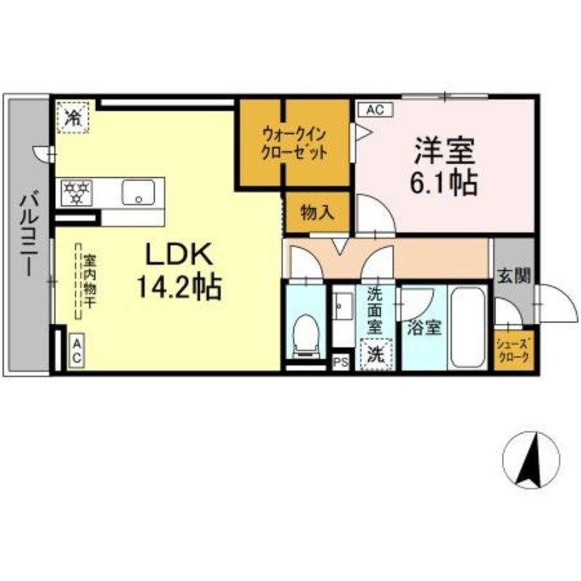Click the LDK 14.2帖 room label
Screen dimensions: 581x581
(179, 270)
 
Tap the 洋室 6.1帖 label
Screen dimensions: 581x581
(444, 166)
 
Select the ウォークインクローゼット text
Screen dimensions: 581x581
(295, 143)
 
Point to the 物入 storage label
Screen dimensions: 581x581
(317, 213)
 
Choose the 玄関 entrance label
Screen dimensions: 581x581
(514, 276)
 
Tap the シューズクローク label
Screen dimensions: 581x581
(514, 352)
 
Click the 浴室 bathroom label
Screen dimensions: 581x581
(424, 328)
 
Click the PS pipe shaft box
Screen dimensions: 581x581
(341, 362)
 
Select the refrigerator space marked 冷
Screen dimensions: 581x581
(73, 118)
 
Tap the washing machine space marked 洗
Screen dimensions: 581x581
(375, 355)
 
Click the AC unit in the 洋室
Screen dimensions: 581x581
(375, 110)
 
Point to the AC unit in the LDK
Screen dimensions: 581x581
(77, 351)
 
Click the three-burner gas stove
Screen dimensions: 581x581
(76, 192)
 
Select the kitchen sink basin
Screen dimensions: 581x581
(138, 192)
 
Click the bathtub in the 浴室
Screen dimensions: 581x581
(468, 328)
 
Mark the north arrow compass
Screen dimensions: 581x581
(531, 460)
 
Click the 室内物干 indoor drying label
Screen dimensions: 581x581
(89, 280)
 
